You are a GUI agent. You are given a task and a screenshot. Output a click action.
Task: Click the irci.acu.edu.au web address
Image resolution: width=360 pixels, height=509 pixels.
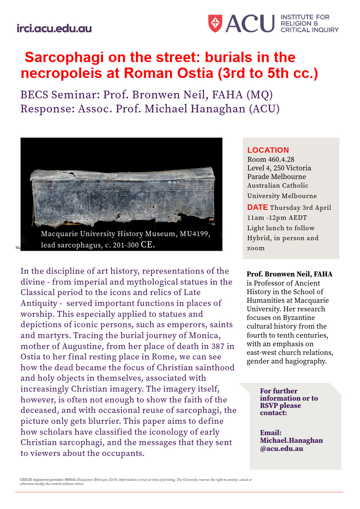click(x=54, y=29)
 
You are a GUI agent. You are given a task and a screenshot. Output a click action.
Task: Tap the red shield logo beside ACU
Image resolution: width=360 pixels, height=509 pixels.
click(x=215, y=23)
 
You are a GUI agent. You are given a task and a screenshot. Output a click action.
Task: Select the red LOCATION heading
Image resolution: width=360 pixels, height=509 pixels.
click(x=268, y=150)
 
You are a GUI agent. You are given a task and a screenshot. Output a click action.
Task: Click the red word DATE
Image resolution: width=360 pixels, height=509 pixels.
click(x=257, y=207)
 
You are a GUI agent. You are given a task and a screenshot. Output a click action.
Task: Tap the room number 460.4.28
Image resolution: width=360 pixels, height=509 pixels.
click(x=280, y=160)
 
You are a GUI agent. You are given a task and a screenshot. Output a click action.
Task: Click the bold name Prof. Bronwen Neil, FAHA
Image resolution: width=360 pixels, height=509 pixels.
click(x=289, y=274)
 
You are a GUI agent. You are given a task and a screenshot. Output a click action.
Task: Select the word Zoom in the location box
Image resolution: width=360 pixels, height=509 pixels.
click(x=256, y=248)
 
